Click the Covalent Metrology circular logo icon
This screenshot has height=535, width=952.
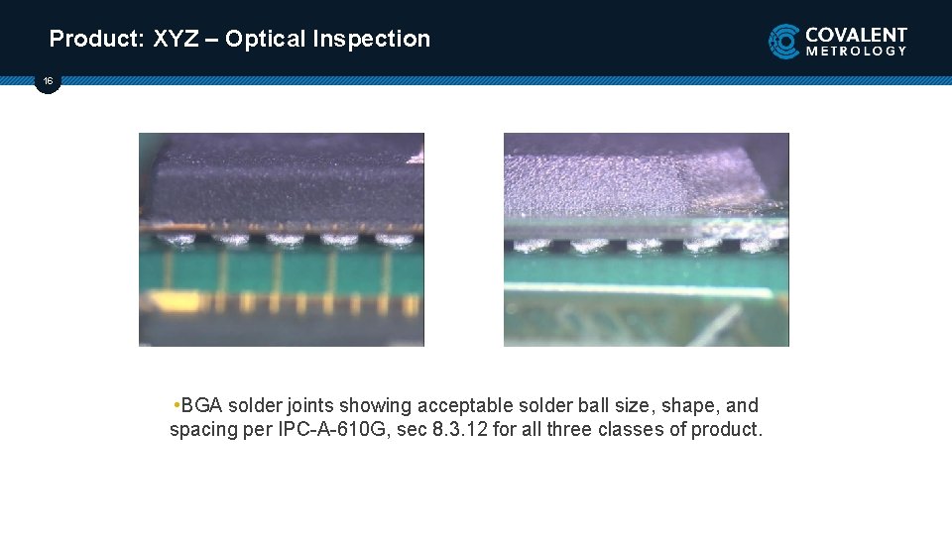coord(784,42)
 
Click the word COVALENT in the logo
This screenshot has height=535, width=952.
coord(856,34)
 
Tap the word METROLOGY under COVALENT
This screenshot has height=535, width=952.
coord(856,51)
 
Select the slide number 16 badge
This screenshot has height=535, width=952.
coord(48,81)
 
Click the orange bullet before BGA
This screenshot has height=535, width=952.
coord(176,405)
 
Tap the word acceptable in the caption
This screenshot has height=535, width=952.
coord(465,405)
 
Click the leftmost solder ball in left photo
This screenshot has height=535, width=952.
coord(180,239)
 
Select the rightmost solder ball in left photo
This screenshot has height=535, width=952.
coord(394,239)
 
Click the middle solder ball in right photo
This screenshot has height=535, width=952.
coord(646,245)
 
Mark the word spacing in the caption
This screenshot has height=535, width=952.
coord(201,430)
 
